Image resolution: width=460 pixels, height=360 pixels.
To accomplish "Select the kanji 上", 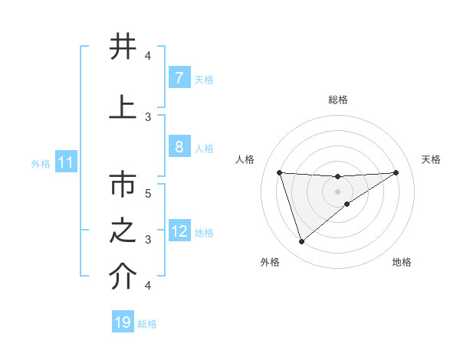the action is tap(121, 106).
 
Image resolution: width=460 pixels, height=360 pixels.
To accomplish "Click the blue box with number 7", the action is tap(179, 77).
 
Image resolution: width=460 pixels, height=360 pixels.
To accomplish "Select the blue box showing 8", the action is tap(179, 147).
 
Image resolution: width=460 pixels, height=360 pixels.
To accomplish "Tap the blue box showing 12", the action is tap(179, 231).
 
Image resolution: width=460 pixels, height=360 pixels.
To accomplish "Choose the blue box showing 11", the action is tap(65, 162).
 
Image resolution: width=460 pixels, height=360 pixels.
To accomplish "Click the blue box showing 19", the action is tap(123, 322).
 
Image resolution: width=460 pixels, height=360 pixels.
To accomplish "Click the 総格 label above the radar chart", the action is tap(337, 100).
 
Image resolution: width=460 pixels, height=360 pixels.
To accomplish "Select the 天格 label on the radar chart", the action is tap(431, 159).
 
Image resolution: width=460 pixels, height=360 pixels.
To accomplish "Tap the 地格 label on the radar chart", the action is tap(402, 262).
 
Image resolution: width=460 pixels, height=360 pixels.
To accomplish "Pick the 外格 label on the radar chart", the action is tap(270, 262).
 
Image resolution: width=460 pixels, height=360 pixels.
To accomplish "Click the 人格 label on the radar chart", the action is tap(245, 159).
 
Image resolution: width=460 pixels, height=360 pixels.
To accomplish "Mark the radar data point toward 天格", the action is tap(396, 172).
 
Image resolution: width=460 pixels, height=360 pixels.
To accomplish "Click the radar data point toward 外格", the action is tap(301, 242).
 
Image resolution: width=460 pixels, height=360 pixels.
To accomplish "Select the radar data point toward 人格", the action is tap(279, 172).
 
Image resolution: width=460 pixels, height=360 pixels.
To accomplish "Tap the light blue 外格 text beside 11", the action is tap(40, 163).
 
